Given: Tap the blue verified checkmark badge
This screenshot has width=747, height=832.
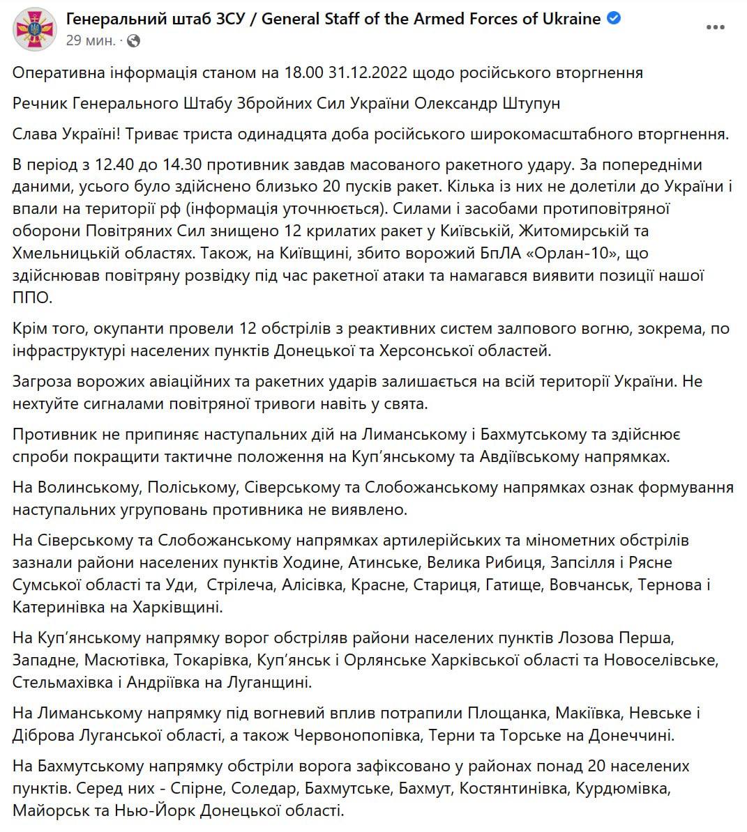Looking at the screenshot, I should tap(614, 19).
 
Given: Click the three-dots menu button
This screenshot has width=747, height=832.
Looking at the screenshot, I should tap(715, 27).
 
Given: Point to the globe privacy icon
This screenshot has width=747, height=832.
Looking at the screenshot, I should tap(134, 41).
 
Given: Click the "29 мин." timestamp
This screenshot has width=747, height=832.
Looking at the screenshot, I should tap(91, 41).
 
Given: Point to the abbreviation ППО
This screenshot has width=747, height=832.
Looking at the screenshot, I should tap(32, 298).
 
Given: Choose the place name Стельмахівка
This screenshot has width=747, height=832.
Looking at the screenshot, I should tap(65, 681).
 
